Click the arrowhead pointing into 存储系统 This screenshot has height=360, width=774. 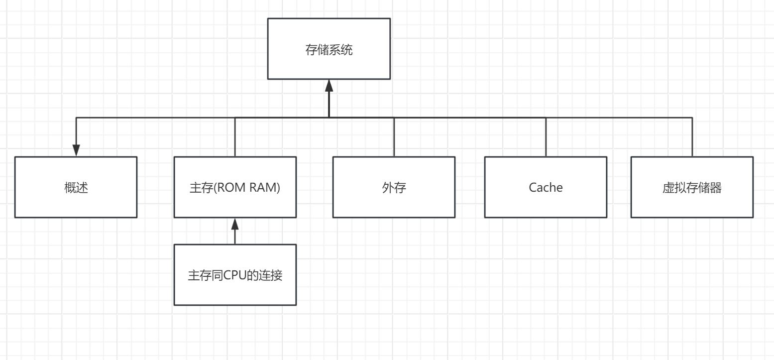[x=329, y=86]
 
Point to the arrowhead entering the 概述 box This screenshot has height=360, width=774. [x=76, y=150]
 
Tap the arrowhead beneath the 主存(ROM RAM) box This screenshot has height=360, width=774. [x=235, y=224]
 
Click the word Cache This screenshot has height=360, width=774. [x=546, y=188]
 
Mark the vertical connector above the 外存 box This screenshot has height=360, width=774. [x=394, y=137]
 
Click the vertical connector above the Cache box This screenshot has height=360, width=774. [x=546, y=137]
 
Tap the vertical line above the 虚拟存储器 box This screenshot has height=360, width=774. [x=692, y=137]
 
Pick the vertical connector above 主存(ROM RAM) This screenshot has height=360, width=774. [x=235, y=137]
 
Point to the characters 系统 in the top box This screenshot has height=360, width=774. [x=341, y=50]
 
